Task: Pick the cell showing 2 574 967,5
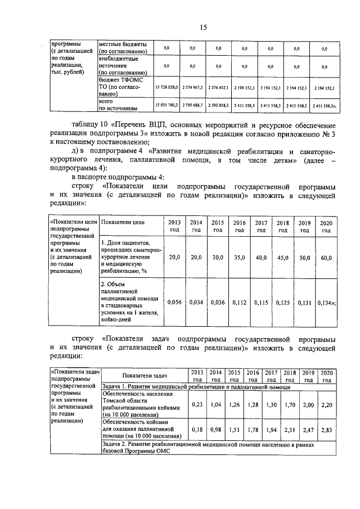coord(193,88)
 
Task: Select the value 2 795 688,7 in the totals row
coord(193,105)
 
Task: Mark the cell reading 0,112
coord(240,302)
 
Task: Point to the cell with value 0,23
coord(197,404)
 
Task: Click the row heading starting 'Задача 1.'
coord(196,387)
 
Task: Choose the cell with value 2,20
coord(326,404)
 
